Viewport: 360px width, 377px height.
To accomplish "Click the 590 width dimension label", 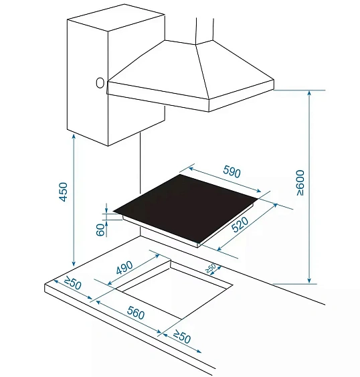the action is [232, 171].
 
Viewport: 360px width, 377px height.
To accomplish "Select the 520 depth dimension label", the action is [240, 224].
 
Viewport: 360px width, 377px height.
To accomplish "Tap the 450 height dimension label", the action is [63, 192].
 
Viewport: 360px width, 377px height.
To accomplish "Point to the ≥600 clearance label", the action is [300, 183].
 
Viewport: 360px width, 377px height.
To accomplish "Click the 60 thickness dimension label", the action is [100, 230].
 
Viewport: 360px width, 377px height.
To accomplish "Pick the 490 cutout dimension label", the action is [124, 268].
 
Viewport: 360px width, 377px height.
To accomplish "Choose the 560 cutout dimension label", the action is [136, 313].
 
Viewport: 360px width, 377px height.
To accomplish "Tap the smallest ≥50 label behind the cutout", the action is [211, 269].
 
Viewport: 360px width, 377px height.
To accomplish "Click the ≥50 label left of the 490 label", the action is [72, 283].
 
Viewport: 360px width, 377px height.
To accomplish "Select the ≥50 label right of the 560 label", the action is [182, 336].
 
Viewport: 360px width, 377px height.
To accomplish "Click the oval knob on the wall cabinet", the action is [100, 83].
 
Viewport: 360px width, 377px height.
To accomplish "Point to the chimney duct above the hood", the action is [205, 30].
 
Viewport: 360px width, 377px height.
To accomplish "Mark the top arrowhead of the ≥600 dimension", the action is [310, 93].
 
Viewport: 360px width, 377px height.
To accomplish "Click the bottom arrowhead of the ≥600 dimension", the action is [310, 281].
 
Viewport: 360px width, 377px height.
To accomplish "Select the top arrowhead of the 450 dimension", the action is [74, 137].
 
